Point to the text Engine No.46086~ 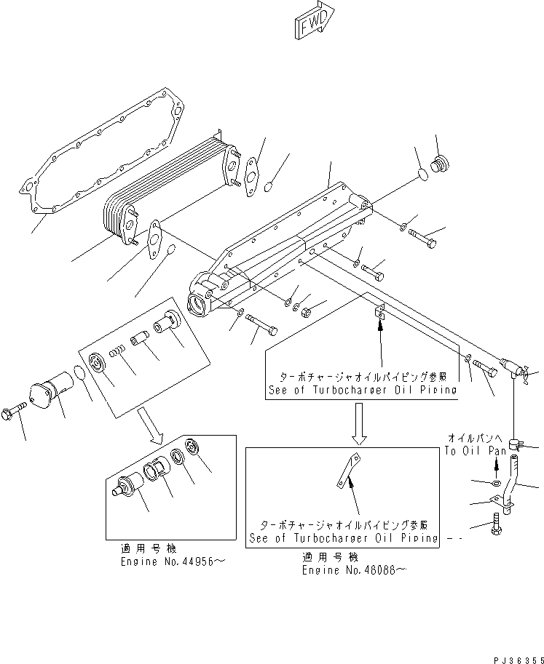click(354, 570)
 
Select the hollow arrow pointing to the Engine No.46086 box click(359, 423)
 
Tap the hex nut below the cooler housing click(307, 312)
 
